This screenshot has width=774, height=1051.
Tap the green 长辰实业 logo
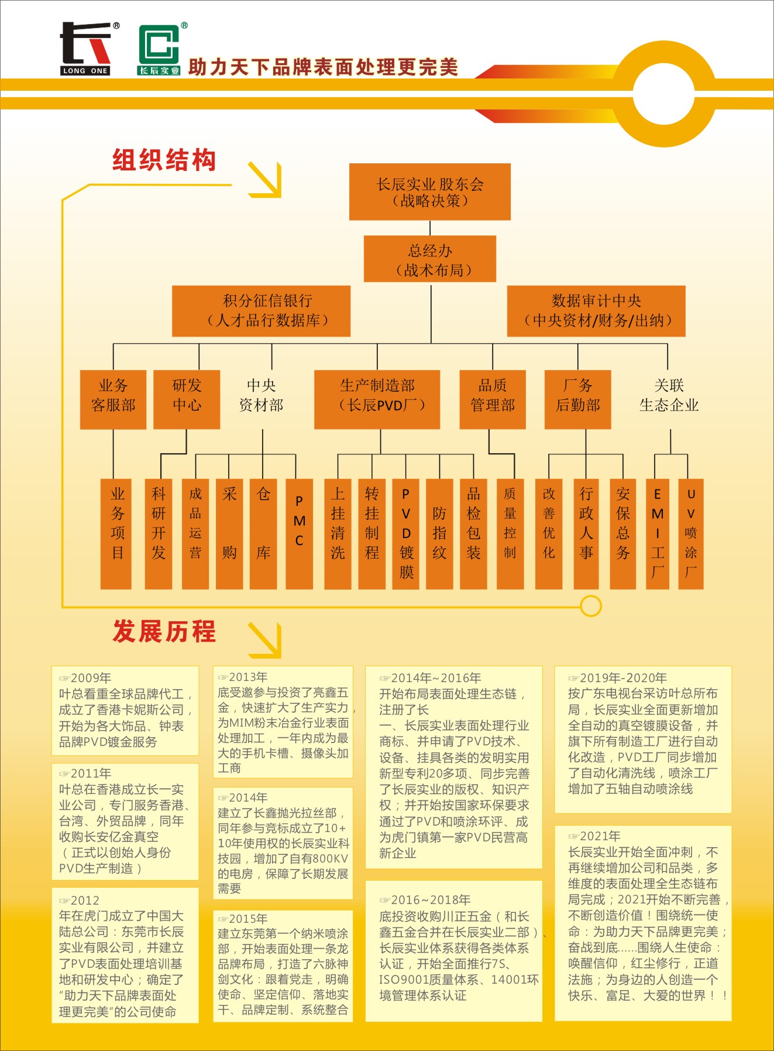click(159, 50)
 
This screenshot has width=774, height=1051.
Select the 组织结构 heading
click(164, 160)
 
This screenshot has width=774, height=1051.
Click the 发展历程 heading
click(164, 632)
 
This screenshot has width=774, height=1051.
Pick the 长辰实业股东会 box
click(430, 192)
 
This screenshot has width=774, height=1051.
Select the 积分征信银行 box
click(261, 311)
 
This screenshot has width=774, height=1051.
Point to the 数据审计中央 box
click(596, 311)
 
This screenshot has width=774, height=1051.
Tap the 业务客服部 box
click(113, 399)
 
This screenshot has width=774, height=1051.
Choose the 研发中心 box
click(187, 399)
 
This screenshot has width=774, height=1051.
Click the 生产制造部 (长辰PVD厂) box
click(377, 399)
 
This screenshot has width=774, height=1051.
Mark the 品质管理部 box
click(492, 399)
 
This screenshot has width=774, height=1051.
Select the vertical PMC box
click(299, 533)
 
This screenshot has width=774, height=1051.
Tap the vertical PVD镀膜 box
click(406, 533)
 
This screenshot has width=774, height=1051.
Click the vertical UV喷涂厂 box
click(690, 533)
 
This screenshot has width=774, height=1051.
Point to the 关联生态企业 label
click(669, 395)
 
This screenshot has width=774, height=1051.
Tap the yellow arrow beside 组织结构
click(265, 179)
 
